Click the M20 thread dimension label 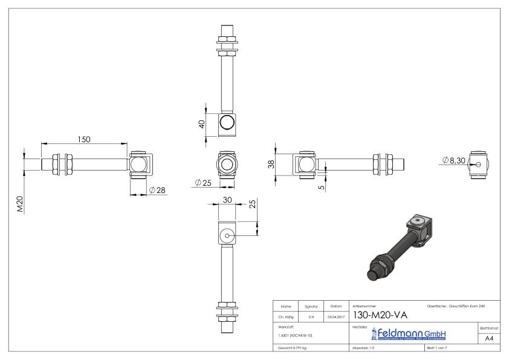click(x=20, y=204)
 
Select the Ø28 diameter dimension click(x=157, y=190)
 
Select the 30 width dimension click(x=227, y=199)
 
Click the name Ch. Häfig click(x=287, y=315)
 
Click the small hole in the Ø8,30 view click(x=478, y=164)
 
